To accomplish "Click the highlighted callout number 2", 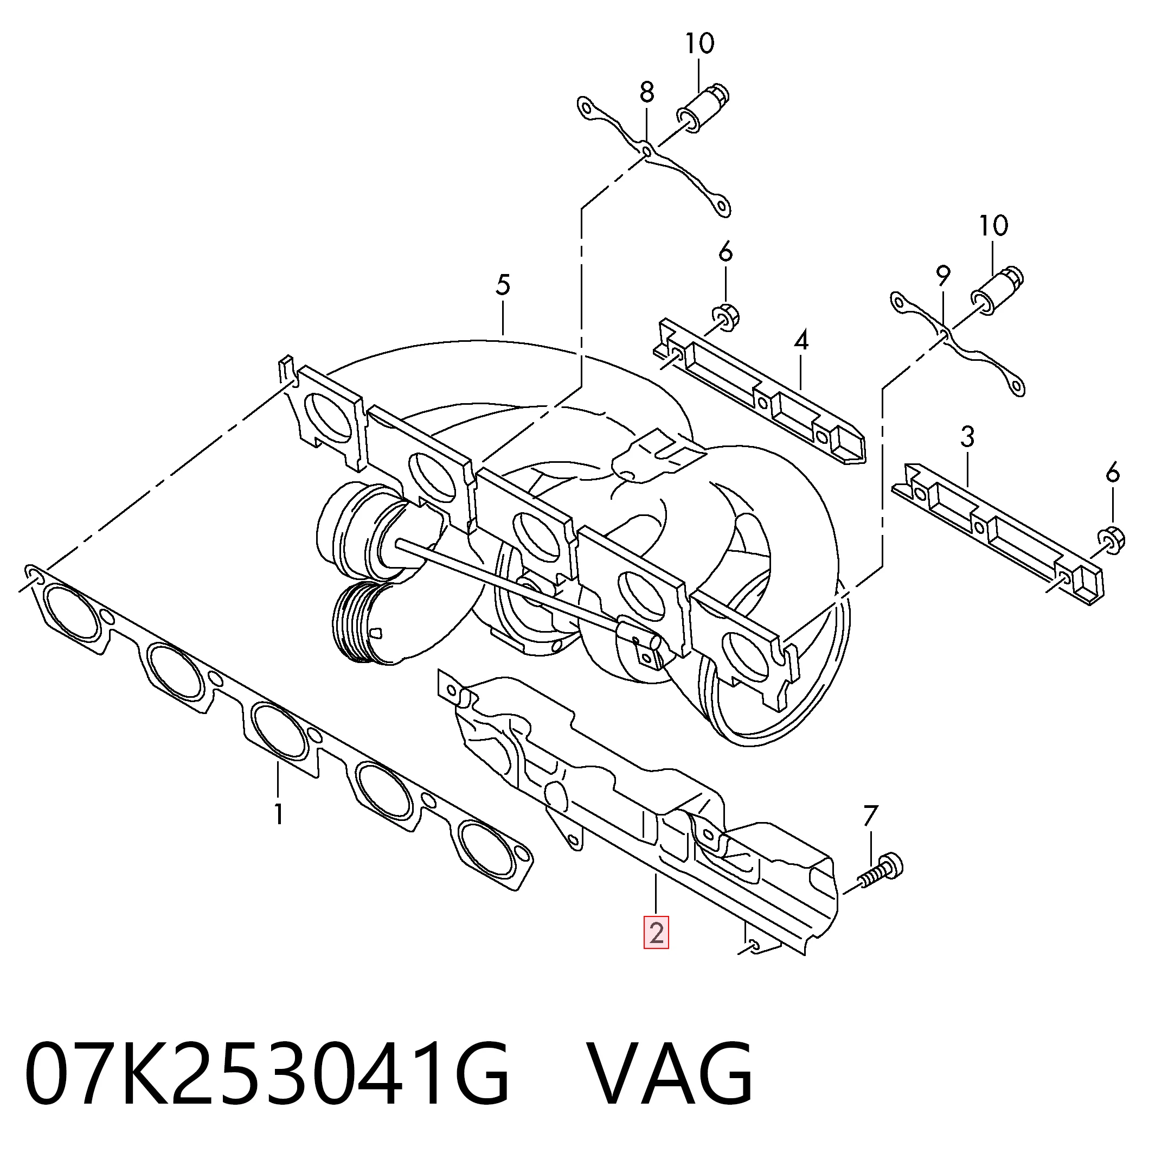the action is point(656,933).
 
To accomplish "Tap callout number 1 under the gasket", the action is point(278,814).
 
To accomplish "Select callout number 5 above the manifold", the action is point(503,285).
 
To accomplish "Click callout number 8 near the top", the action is point(646,92).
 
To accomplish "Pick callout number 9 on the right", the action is point(943,277).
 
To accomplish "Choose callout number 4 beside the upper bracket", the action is point(801,341).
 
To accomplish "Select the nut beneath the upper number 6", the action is point(726,318).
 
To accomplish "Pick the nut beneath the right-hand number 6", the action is point(1111,539).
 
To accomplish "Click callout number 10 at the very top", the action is point(699,43).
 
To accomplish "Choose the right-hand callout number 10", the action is point(993,226).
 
